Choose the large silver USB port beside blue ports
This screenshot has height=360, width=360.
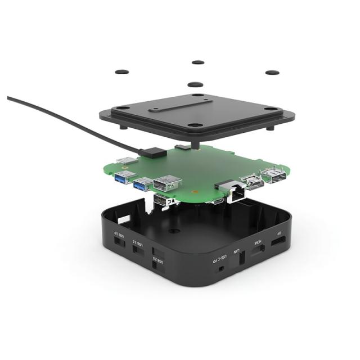[x=167, y=183]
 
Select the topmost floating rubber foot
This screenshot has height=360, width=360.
[x=197, y=62]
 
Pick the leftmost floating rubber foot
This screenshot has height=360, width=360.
[x=121, y=72]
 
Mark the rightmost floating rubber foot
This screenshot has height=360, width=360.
[x=272, y=73]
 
